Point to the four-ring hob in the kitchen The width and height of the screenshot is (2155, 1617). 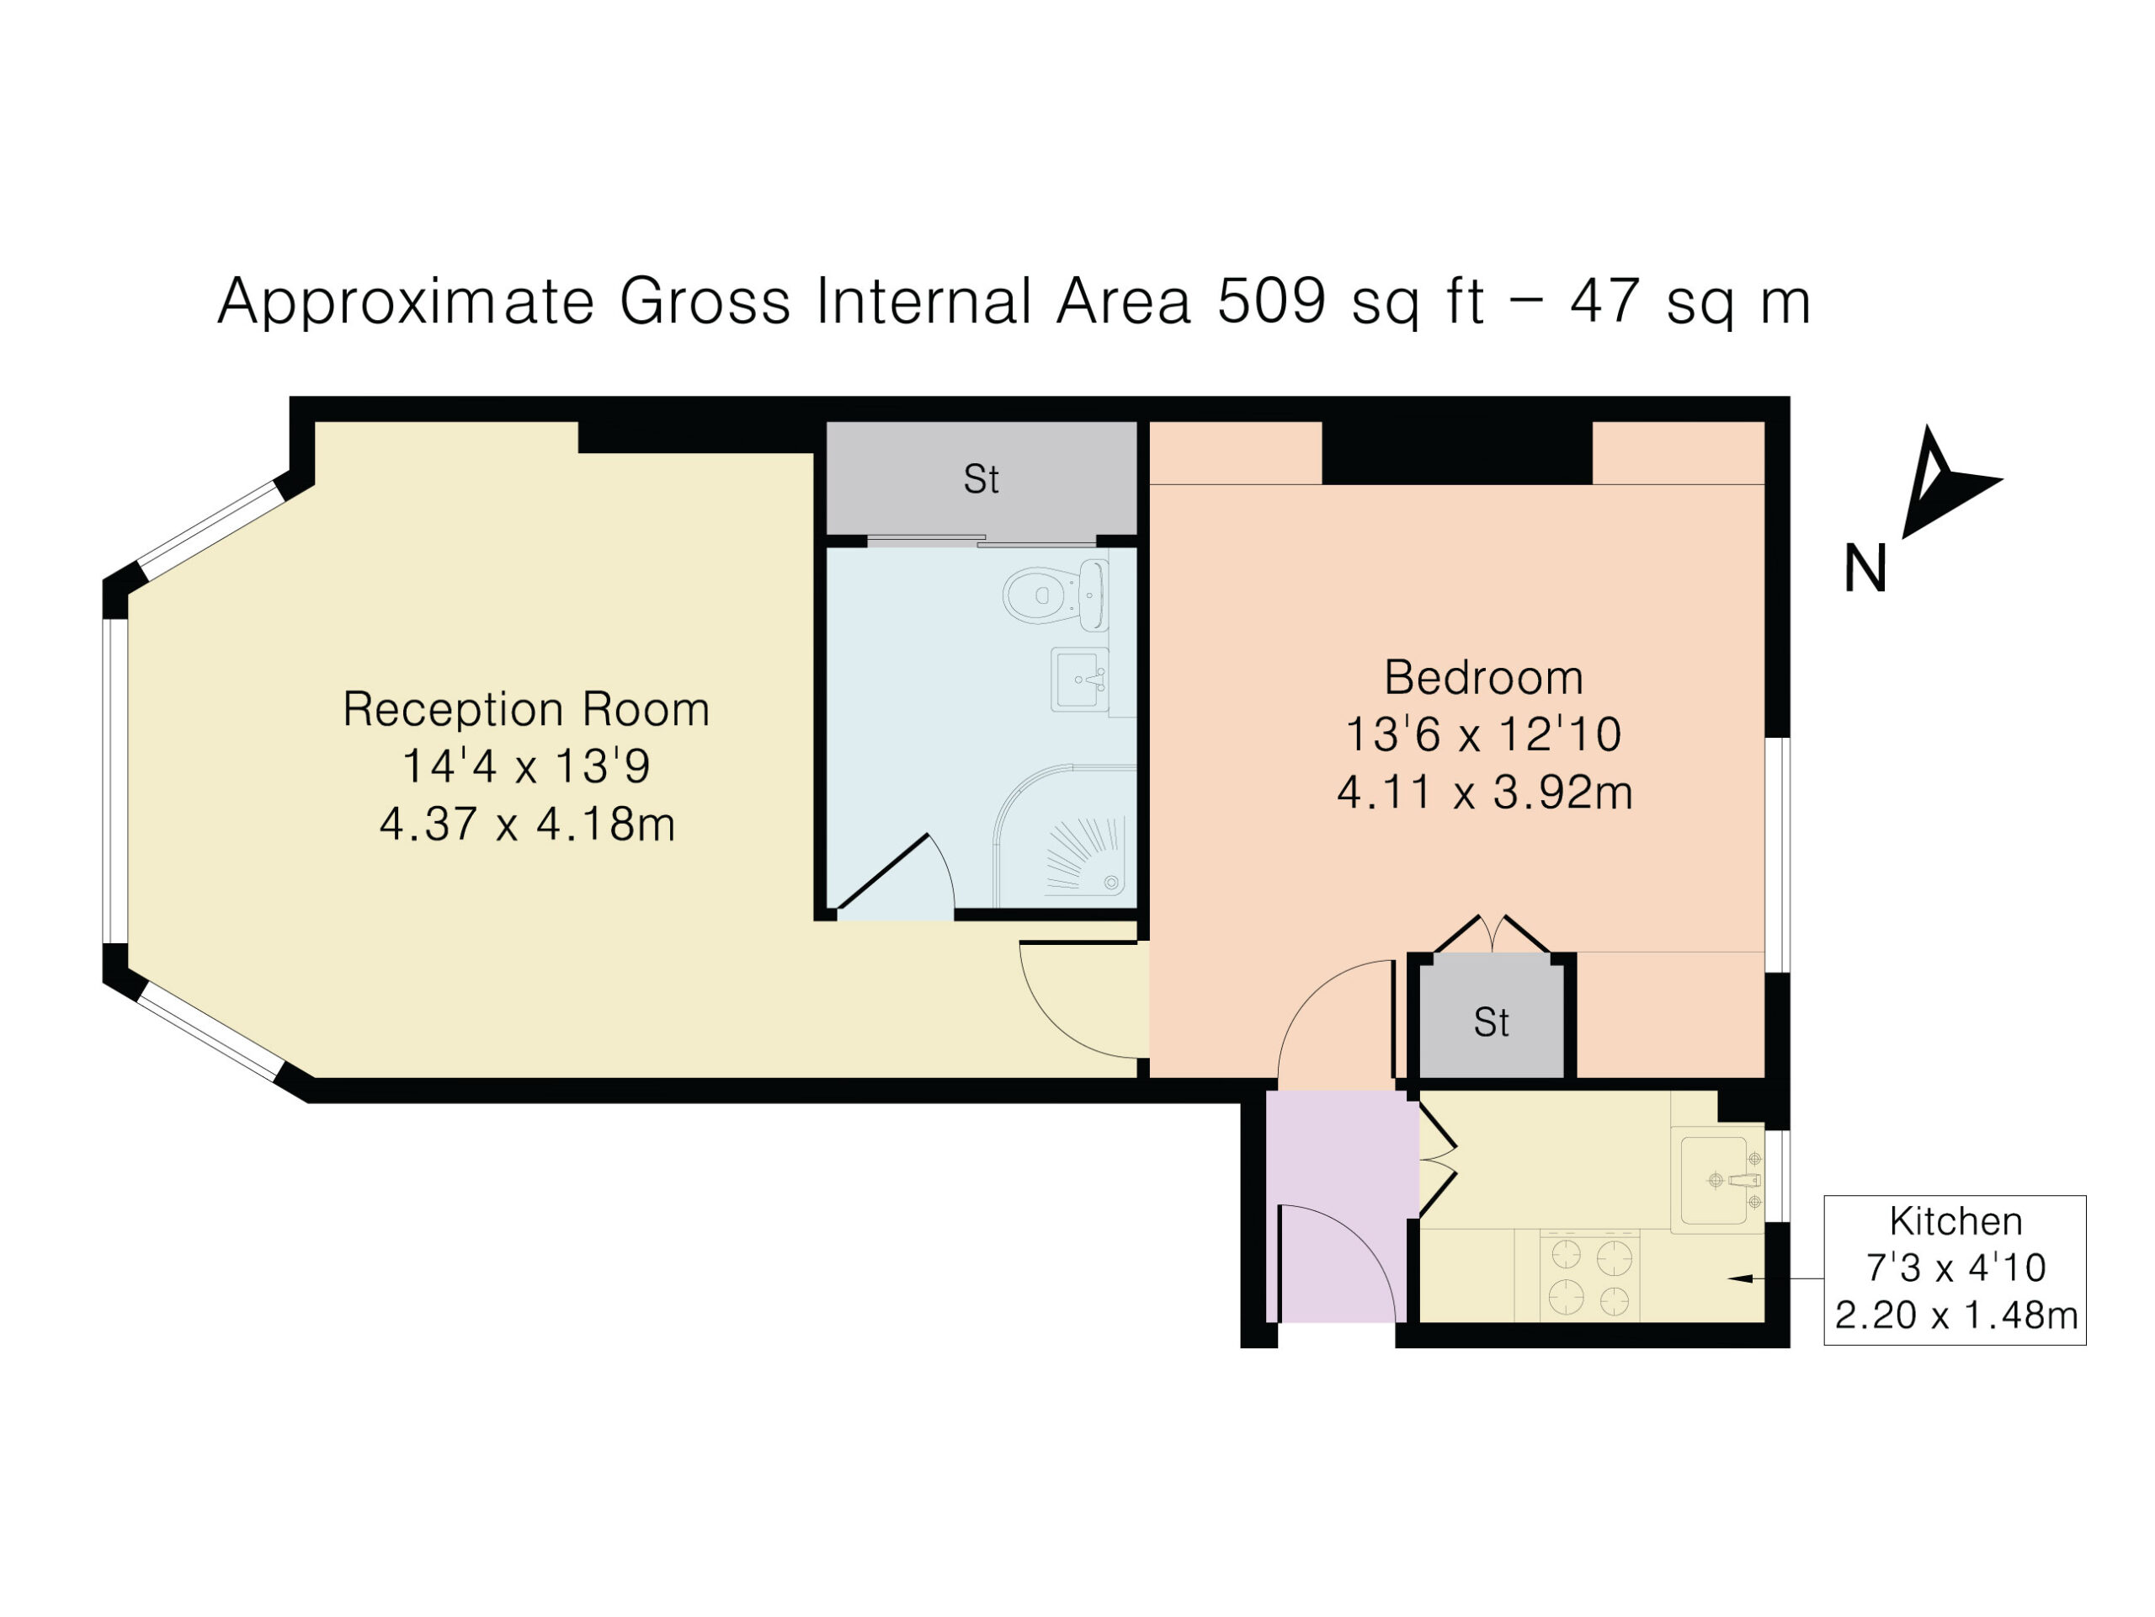click(x=1590, y=1276)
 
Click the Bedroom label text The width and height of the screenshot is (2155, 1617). click(x=1484, y=677)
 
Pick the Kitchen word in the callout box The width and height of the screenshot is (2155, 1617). click(x=1955, y=1221)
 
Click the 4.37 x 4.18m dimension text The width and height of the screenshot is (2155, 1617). click(x=527, y=825)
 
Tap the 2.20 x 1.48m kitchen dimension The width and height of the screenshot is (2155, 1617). click(x=1956, y=1315)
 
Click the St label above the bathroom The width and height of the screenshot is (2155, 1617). click(x=981, y=479)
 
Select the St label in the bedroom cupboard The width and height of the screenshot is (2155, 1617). click(x=1492, y=1022)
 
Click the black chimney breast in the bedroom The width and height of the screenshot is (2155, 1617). click(x=1456, y=453)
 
